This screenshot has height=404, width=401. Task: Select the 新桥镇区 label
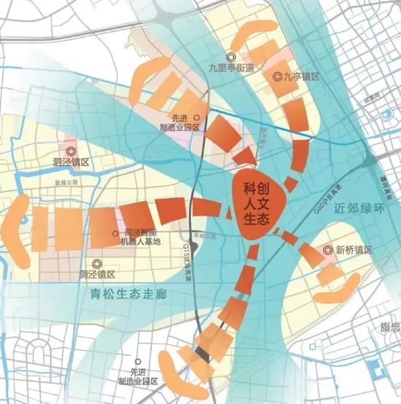tap(354, 249)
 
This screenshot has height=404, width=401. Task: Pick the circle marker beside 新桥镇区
tap(327, 249)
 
